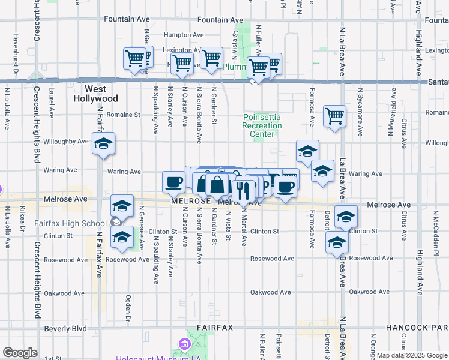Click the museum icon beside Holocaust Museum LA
(x=184, y=345)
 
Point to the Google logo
(x=20, y=353)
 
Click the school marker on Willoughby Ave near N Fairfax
(x=103, y=144)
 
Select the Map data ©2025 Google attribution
(x=412, y=355)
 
